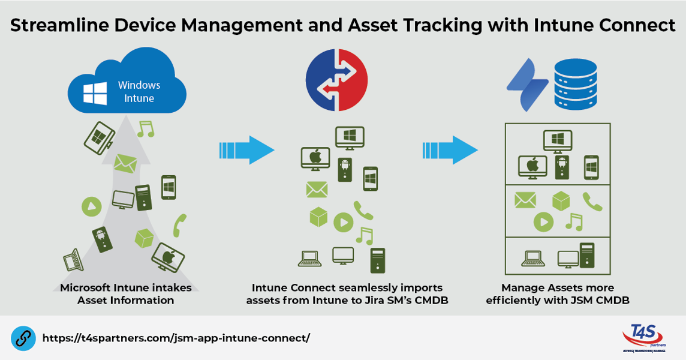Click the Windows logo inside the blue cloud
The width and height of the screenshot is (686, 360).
tap(95, 94)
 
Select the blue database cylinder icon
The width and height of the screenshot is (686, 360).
tap(576, 84)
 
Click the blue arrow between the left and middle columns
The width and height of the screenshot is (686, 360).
tap(246, 150)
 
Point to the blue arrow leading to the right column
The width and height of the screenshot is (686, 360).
tap(450, 150)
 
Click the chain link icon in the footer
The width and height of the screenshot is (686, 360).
tap(22, 338)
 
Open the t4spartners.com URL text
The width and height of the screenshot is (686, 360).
tap(176, 338)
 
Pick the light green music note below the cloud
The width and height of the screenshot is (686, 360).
tap(146, 128)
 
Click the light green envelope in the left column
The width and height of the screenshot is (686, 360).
tap(125, 163)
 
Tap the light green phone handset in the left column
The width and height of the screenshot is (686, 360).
tap(179, 225)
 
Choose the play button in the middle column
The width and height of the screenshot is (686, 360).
tap(343, 223)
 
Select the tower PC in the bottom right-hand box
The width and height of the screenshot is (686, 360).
tap(586, 254)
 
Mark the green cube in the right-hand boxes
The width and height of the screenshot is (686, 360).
tap(561, 200)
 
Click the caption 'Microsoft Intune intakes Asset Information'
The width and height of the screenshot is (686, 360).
tap(126, 294)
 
